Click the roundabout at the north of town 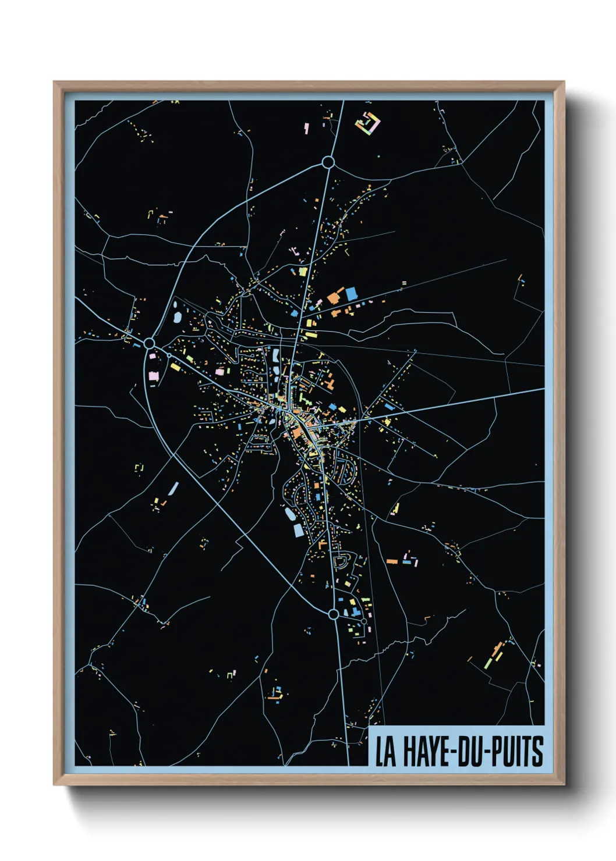click(x=328, y=162)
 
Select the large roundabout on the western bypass click(x=149, y=343)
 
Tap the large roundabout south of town click(x=333, y=614)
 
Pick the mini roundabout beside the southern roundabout click(x=364, y=621)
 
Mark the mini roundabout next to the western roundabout click(x=169, y=355)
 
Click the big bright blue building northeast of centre click(x=351, y=294)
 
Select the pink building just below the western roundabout click(x=153, y=376)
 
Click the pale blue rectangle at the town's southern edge click(x=298, y=529)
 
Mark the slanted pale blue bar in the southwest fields click(x=173, y=489)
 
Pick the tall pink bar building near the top click(x=307, y=128)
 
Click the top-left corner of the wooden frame click(x=54, y=82)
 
